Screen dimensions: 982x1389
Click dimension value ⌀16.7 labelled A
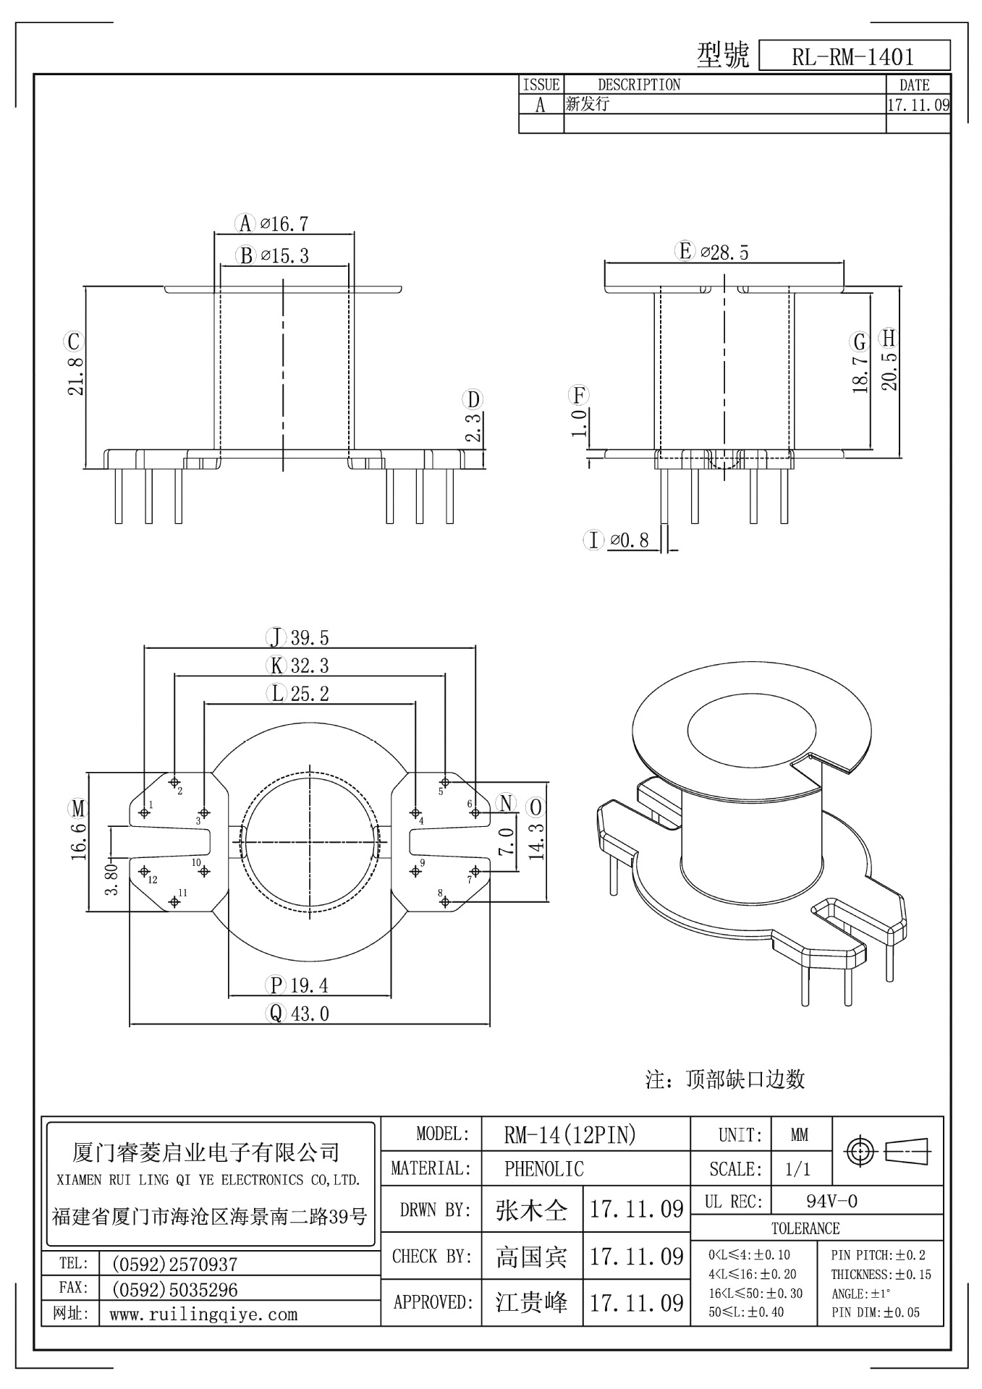coord(284,224)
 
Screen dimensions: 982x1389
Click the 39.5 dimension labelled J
coord(310,637)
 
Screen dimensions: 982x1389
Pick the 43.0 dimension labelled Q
coord(310,1014)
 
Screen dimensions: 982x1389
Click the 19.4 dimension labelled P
coord(310,985)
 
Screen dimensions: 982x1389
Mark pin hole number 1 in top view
coord(144,813)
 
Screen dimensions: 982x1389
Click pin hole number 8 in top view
coord(445,901)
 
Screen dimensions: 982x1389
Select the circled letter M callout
coord(77,807)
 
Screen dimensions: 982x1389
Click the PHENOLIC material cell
coord(543,1168)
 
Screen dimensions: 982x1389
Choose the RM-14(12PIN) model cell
coord(570,1134)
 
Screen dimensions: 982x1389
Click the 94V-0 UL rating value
coord(831,1202)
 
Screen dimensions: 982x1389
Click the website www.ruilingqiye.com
coord(203,1314)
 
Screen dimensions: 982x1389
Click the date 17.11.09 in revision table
coord(918,105)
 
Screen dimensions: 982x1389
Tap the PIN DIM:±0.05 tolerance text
coord(876,1312)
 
